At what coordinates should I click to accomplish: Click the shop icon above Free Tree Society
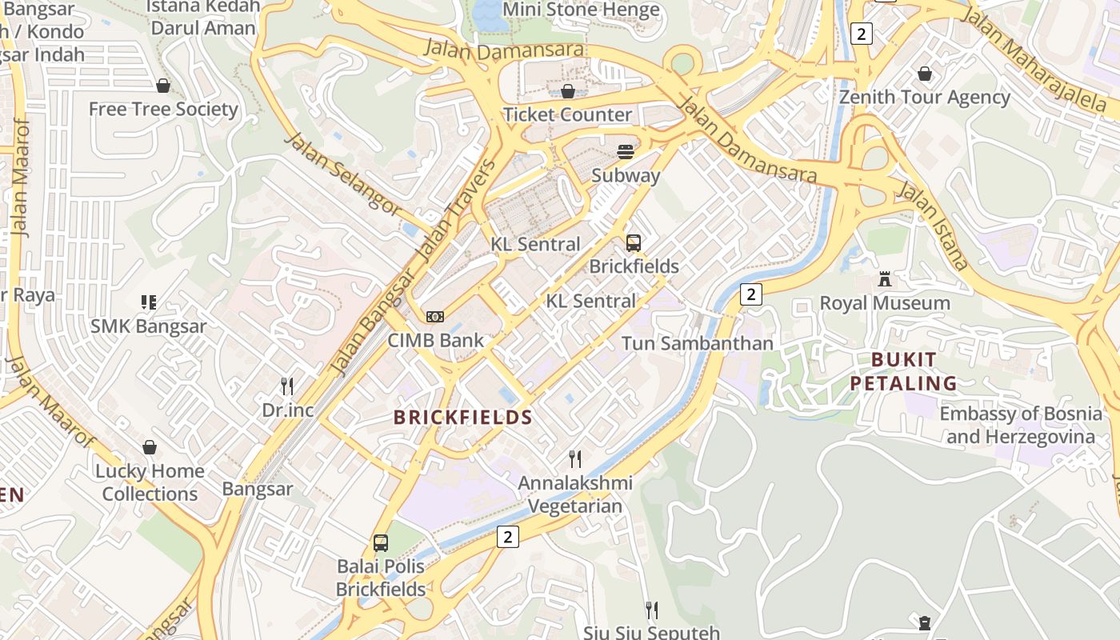163,86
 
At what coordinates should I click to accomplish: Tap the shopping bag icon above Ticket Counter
568,91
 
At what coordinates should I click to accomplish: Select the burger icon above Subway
626,152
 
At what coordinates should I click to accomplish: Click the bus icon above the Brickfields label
634,243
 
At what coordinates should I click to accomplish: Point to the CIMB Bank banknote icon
435,317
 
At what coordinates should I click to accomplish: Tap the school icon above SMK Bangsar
148,302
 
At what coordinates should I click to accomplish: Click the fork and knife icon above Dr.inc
287,386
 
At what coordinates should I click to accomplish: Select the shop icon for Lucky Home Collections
150,447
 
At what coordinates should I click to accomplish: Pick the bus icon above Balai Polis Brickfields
381,543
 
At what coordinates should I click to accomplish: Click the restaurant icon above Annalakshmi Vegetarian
574,458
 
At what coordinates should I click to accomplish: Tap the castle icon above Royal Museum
885,279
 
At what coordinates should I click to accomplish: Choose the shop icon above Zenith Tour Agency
925,74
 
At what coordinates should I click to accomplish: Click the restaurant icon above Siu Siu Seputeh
652,610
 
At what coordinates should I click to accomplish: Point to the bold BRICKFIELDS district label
463,417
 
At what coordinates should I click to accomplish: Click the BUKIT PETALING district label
903,371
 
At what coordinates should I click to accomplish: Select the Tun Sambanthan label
698,343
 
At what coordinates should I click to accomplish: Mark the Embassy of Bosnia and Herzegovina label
1021,425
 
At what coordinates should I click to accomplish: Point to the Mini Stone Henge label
581,10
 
